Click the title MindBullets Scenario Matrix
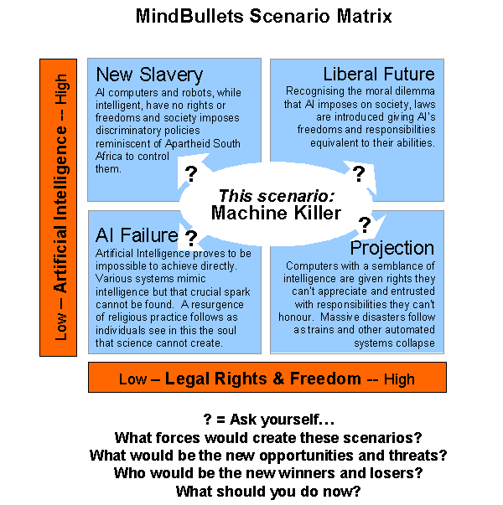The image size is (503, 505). tap(263, 16)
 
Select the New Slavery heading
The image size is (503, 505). tap(149, 75)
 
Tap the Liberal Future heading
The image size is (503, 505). tap(379, 74)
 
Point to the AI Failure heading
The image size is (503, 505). tap(137, 235)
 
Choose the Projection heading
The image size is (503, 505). tap(392, 249)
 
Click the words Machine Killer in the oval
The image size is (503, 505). tap(276, 213)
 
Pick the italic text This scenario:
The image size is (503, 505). tap(277, 195)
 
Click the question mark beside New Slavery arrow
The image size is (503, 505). tap(191, 174)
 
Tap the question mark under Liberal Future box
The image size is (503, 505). tap(359, 173)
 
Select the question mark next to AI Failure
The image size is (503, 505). tap(191, 239)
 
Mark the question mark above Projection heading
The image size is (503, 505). tap(365, 224)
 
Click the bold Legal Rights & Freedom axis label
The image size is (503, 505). tap(262, 378)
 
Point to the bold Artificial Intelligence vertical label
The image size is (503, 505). tap(60, 209)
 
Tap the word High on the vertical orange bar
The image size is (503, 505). tap(60, 89)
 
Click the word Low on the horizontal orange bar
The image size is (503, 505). tap(132, 379)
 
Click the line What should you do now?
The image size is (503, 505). tap(268, 492)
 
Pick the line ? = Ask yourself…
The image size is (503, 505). tap(269, 420)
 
